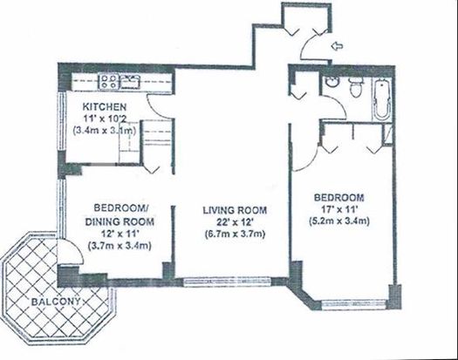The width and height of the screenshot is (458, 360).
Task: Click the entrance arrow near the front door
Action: click(x=338, y=45)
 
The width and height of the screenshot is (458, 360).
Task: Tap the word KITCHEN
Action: click(x=105, y=107)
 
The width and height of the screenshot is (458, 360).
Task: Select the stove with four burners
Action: click(x=109, y=82)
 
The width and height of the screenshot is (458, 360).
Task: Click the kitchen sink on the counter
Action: click(x=129, y=82)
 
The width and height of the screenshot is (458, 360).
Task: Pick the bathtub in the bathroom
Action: click(x=382, y=98)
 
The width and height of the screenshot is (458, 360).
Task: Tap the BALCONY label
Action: click(x=56, y=302)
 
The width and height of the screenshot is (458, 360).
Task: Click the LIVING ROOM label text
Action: click(x=235, y=210)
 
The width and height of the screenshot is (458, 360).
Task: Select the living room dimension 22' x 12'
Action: click(x=235, y=222)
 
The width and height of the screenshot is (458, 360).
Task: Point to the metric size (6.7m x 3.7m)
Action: click(x=235, y=234)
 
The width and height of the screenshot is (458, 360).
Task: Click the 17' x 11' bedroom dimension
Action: click(x=338, y=209)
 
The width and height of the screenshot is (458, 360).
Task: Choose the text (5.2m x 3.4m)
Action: click(x=339, y=221)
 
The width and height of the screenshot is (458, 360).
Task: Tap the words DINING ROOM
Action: click(x=120, y=222)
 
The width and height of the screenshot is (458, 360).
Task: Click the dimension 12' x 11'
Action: click(x=120, y=234)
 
